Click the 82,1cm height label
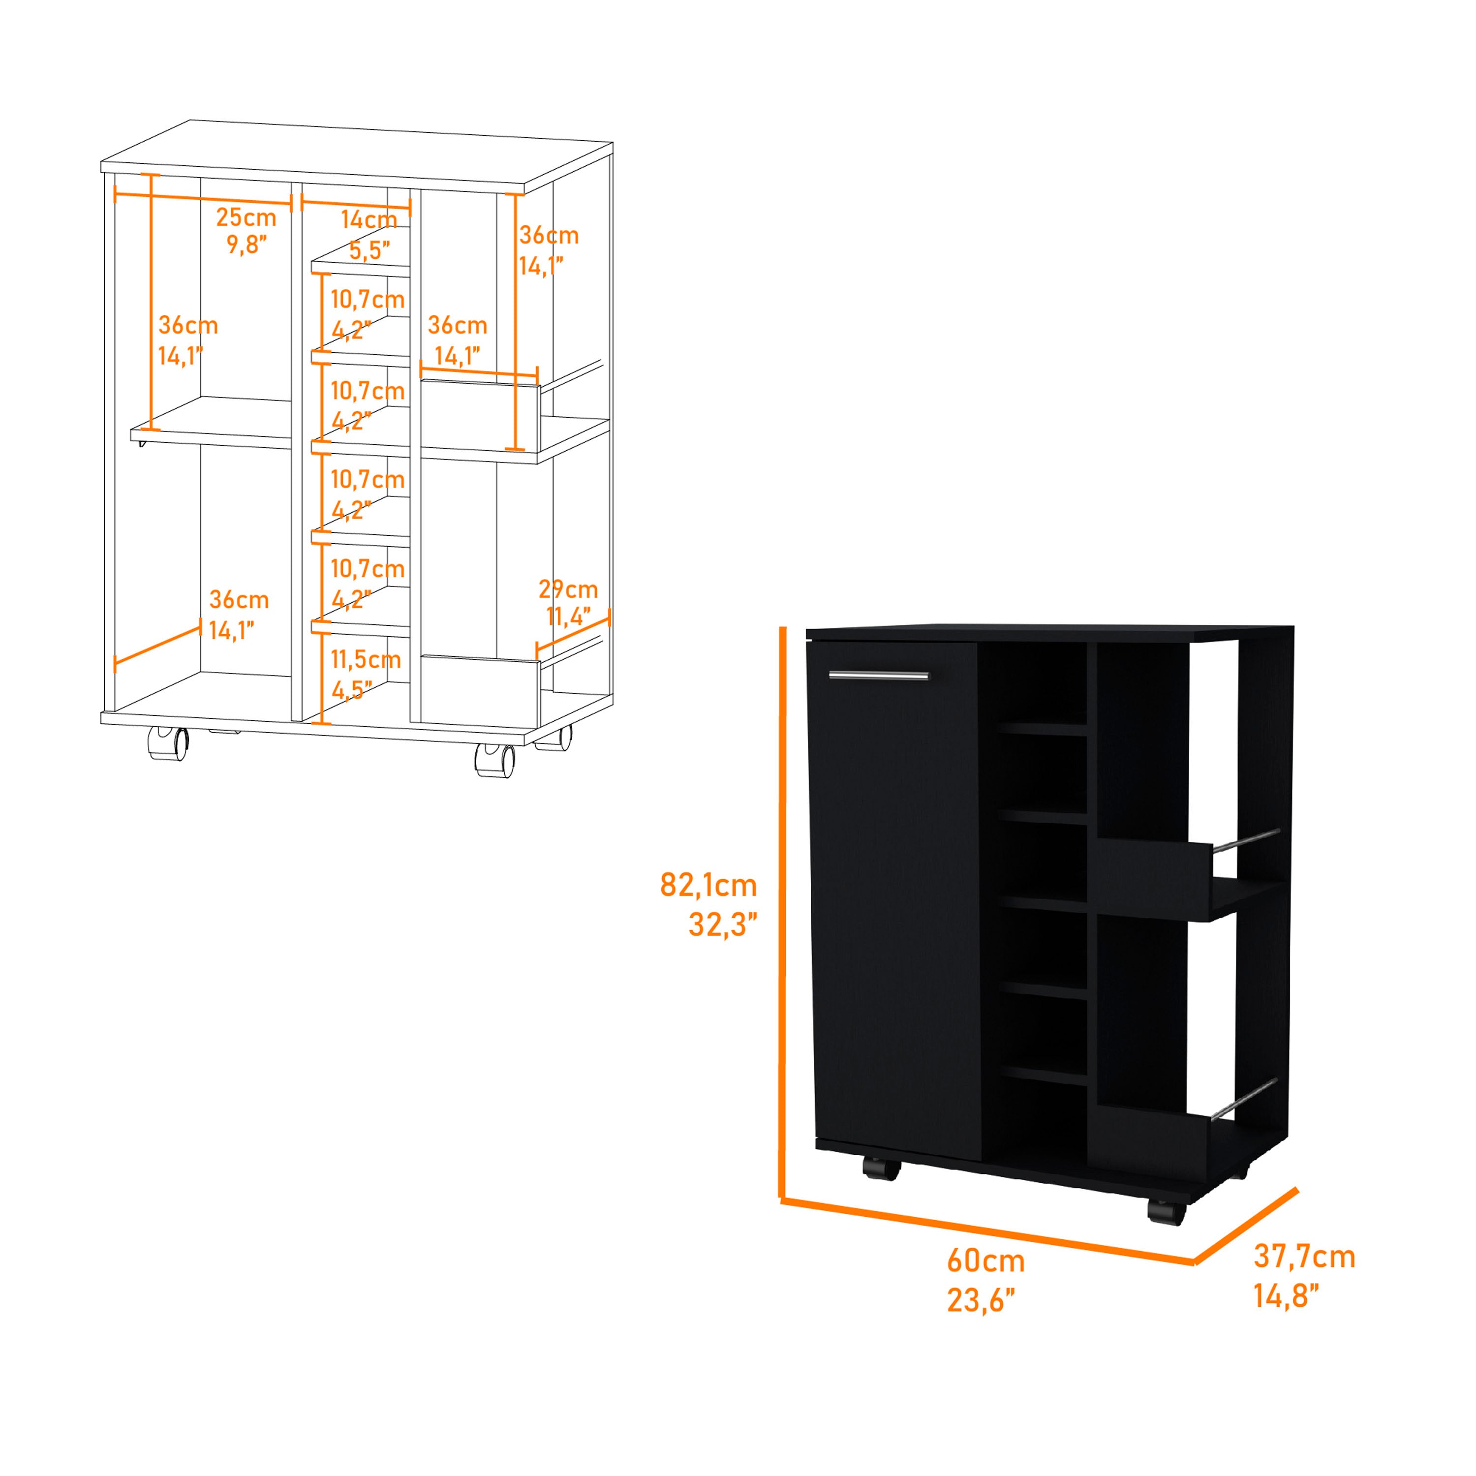click(708, 886)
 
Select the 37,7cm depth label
click(1304, 1256)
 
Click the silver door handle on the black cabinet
click(879, 676)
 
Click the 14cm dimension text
click(369, 220)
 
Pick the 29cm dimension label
click(568, 589)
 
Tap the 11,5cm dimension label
click(365, 659)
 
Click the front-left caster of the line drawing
click(168, 743)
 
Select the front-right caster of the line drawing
click(495, 760)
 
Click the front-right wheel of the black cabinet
click(1167, 1212)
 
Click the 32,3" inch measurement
click(722, 925)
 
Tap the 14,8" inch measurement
click(1287, 1296)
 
